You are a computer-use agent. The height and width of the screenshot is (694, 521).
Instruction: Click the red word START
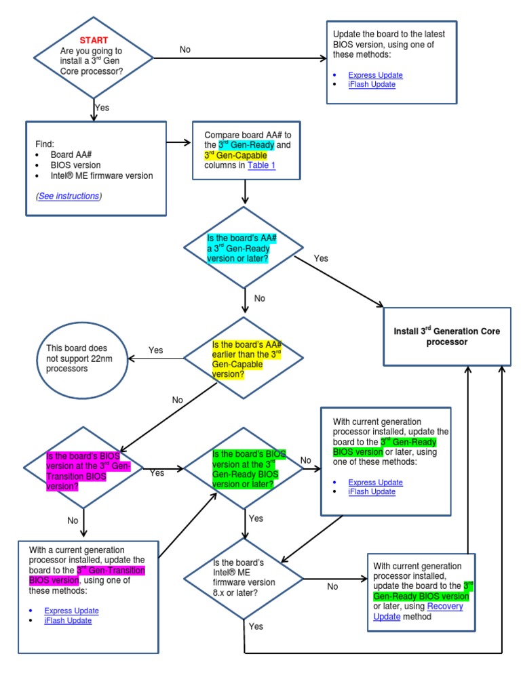click(x=94, y=41)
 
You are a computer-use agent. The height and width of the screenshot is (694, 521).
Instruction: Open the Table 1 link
click(x=261, y=165)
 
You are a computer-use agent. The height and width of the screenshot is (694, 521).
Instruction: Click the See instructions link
click(x=69, y=196)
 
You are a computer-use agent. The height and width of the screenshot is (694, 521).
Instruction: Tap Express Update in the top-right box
click(x=375, y=75)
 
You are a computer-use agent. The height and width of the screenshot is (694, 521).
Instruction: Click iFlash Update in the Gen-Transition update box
click(x=68, y=620)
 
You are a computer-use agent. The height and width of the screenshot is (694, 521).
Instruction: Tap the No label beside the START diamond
click(x=185, y=49)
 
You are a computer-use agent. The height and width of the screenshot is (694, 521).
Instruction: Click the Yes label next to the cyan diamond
click(x=321, y=258)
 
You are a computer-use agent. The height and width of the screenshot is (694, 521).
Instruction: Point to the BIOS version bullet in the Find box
click(x=75, y=165)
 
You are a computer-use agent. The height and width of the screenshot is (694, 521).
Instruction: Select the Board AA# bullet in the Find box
click(x=71, y=155)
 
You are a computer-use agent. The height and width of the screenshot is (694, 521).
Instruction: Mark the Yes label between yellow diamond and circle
click(x=156, y=350)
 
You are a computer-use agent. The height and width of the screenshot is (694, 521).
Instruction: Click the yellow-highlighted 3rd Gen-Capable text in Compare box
click(x=235, y=155)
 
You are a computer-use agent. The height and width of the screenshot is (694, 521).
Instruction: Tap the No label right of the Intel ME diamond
click(x=332, y=586)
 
